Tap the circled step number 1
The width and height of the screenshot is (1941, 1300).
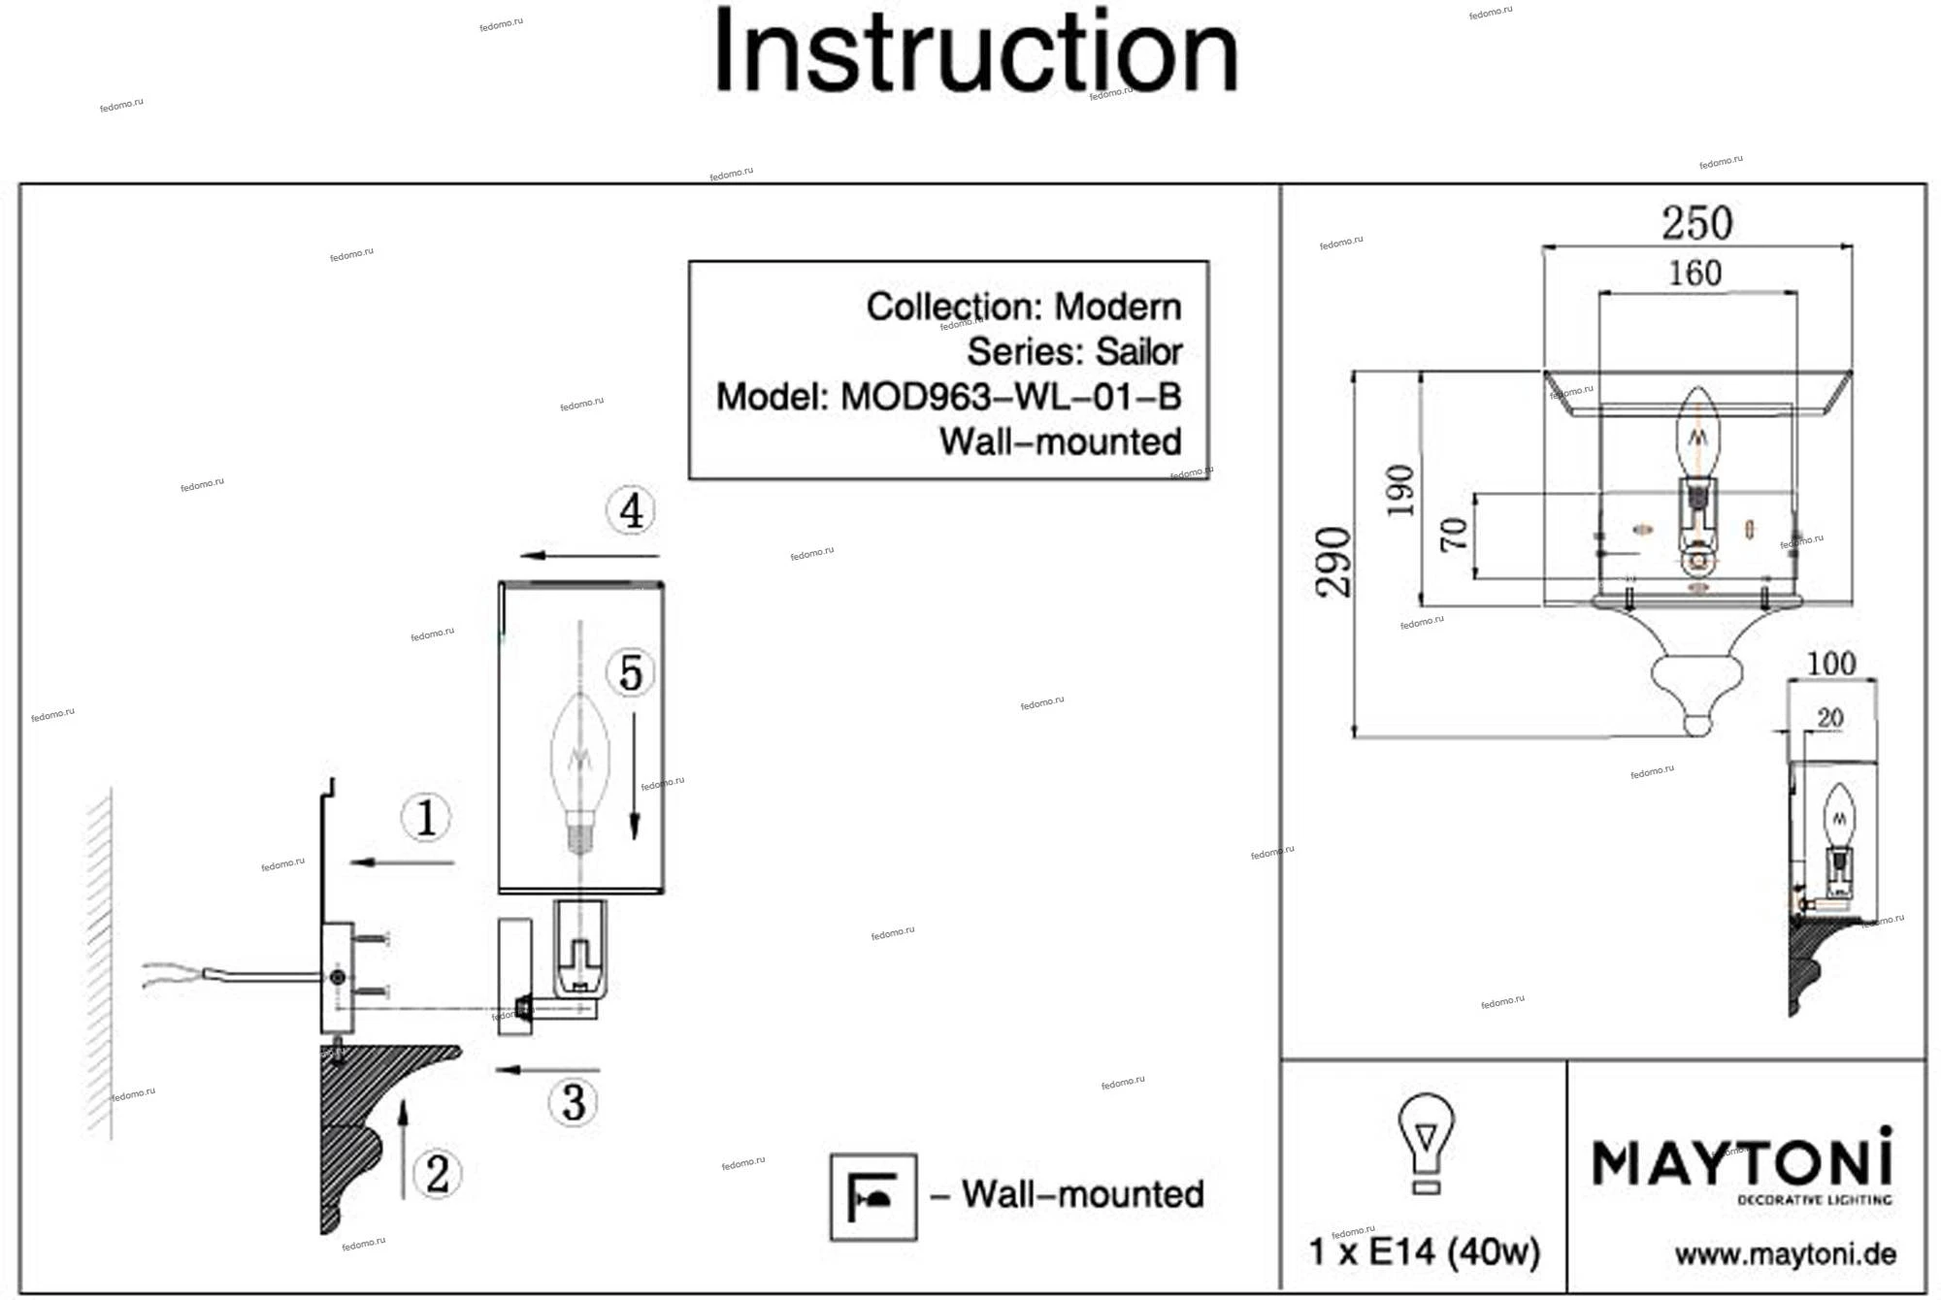point(427,817)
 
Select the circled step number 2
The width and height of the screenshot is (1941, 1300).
point(438,1174)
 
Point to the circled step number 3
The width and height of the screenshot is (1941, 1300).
point(574,1102)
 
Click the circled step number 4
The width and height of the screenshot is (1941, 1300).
point(631,510)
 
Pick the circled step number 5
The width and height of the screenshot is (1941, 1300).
point(631,672)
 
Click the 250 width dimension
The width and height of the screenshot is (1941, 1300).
point(1696,223)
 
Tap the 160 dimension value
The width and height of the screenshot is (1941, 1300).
point(1694,274)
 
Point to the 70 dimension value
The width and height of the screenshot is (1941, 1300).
point(1453,535)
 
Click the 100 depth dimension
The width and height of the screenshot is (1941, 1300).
point(1831,664)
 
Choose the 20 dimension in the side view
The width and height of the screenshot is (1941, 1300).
point(1829,718)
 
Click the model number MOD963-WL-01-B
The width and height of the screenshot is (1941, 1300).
point(1010,397)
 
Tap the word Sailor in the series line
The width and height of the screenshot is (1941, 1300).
point(1138,351)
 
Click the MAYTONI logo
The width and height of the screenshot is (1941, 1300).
point(1742,1165)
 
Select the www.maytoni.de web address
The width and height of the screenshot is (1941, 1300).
point(1785,1254)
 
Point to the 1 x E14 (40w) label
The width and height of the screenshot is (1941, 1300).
point(1424,1252)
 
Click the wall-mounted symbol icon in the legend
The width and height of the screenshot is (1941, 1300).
point(873,1196)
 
